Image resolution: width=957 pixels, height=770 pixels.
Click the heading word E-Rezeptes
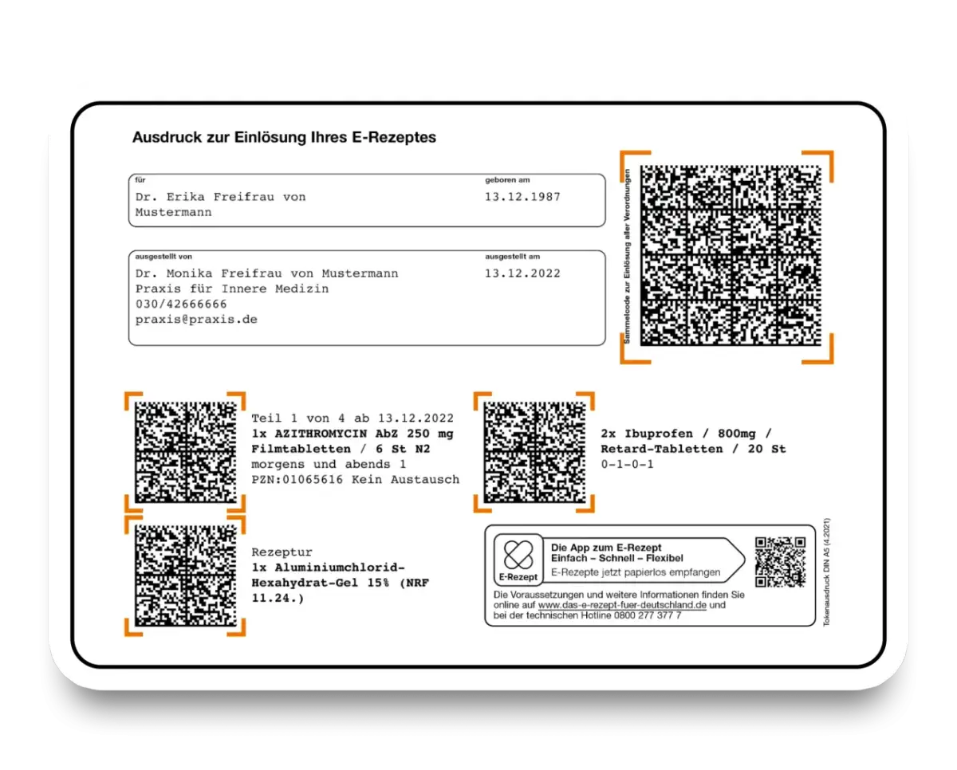pyautogui.click(x=394, y=137)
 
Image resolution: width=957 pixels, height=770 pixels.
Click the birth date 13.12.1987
pyautogui.click(x=522, y=197)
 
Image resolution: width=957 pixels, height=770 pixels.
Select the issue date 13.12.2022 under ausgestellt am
pyautogui.click(x=522, y=273)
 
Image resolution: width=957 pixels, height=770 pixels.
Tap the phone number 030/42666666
pyautogui.click(x=181, y=304)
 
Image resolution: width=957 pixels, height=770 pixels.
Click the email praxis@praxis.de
pyautogui.click(x=196, y=320)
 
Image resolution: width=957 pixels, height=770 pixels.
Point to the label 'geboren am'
pyautogui.click(x=507, y=180)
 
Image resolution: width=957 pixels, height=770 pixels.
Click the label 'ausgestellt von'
pyautogui.click(x=163, y=257)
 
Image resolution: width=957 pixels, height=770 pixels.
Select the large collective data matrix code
pyautogui.click(x=731, y=256)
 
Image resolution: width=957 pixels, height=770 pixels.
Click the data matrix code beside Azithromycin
pyautogui.click(x=186, y=452)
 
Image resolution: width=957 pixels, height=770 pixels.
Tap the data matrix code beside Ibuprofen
pyautogui.click(x=534, y=452)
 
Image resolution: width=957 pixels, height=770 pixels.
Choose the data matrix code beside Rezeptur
pyautogui.click(x=186, y=576)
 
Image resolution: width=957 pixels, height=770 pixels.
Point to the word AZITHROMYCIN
pyautogui.click(x=321, y=434)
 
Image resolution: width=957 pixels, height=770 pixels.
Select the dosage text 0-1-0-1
pyautogui.click(x=627, y=465)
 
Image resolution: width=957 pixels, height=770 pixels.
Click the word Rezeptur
pyautogui.click(x=282, y=552)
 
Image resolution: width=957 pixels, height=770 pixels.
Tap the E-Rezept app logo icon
pyautogui.click(x=518, y=560)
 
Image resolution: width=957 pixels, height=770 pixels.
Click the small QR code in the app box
pyautogui.click(x=780, y=562)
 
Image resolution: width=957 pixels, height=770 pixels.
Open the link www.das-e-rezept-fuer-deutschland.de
pyautogui.click(x=622, y=605)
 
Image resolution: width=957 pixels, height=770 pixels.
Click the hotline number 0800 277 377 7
pyautogui.click(x=648, y=615)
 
